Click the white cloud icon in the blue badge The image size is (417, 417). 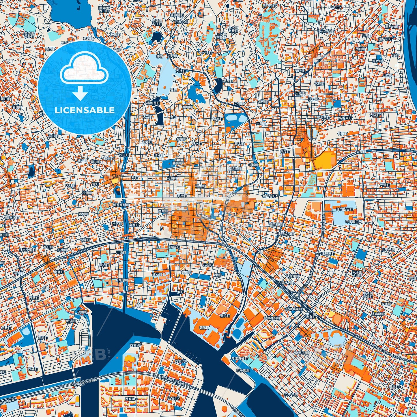(x=84, y=69)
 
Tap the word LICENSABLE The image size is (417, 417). (x=85, y=110)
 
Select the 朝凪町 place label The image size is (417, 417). (x=204, y=328)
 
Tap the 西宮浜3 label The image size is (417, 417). (x=136, y=345)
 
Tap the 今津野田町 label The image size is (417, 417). (x=326, y=253)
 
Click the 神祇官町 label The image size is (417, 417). (x=269, y=197)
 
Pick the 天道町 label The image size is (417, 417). (x=385, y=185)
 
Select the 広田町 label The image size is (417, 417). (x=239, y=103)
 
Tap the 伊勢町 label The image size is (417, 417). (x=6, y=328)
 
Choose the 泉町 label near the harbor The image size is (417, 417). (x=139, y=305)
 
